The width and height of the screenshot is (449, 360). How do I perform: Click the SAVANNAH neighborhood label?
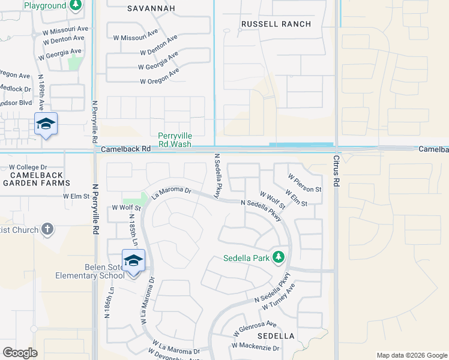151,8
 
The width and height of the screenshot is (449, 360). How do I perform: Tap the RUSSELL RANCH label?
276,24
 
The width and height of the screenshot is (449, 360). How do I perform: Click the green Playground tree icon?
75,5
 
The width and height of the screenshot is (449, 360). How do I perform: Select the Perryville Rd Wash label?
175,140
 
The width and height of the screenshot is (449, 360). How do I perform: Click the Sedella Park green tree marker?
278,257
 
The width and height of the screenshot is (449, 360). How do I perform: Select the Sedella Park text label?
247,259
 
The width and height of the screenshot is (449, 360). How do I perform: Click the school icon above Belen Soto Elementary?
133,260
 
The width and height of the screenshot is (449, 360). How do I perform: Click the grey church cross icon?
47,229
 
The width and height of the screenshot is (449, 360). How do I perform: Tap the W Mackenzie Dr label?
256,347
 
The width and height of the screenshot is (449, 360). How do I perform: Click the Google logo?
20,353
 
